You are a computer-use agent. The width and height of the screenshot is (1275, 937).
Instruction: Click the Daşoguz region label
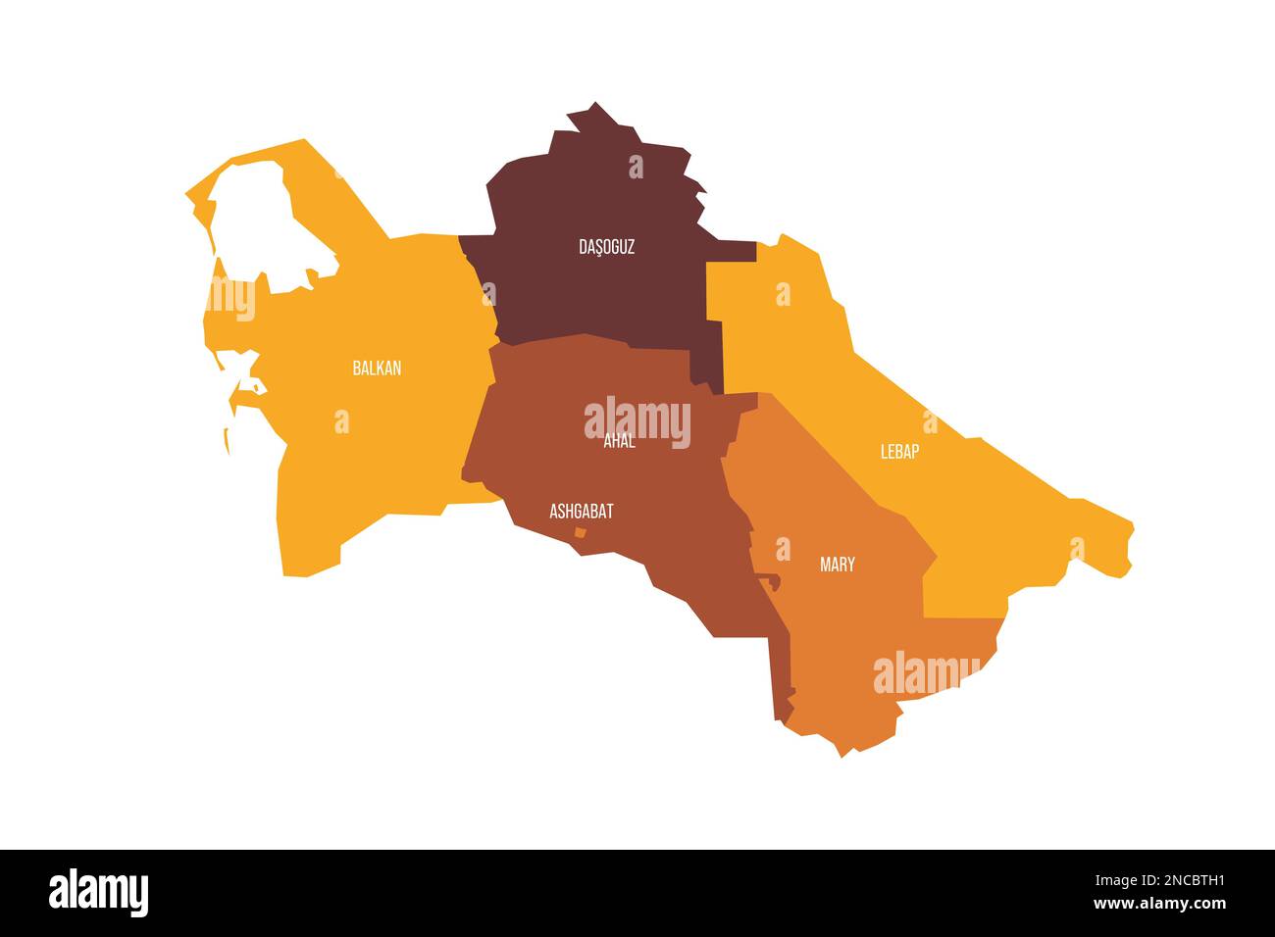[x=606, y=247]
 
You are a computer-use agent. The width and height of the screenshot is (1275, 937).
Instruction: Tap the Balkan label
[x=377, y=369]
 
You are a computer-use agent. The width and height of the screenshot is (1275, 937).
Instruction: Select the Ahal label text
[x=619, y=442]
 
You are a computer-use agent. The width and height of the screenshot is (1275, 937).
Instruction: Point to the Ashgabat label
[x=582, y=511]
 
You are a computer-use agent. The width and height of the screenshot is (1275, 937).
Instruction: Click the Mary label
[x=837, y=565]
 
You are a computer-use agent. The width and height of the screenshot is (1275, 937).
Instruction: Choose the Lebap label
[x=899, y=452]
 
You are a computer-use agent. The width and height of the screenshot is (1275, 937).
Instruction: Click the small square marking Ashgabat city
[x=580, y=533]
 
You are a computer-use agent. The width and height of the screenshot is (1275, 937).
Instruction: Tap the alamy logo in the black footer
[x=98, y=893]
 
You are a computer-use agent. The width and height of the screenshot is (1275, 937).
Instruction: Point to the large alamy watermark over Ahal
[x=637, y=422]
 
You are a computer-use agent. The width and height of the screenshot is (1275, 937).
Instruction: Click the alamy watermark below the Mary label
[x=926, y=673]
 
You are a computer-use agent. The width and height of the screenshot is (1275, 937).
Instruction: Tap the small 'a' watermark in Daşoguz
[x=636, y=167]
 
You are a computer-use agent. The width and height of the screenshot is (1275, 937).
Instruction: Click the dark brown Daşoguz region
[x=598, y=294]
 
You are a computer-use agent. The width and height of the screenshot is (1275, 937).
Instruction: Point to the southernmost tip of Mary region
[x=841, y=756]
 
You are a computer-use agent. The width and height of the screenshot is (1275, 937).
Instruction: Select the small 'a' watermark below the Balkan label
[x=341, y=421]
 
